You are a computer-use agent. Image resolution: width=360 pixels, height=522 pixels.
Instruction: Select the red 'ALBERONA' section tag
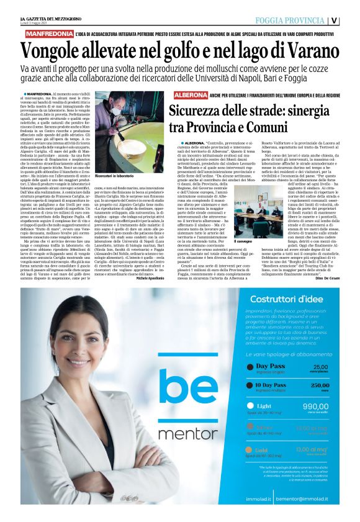190,95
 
